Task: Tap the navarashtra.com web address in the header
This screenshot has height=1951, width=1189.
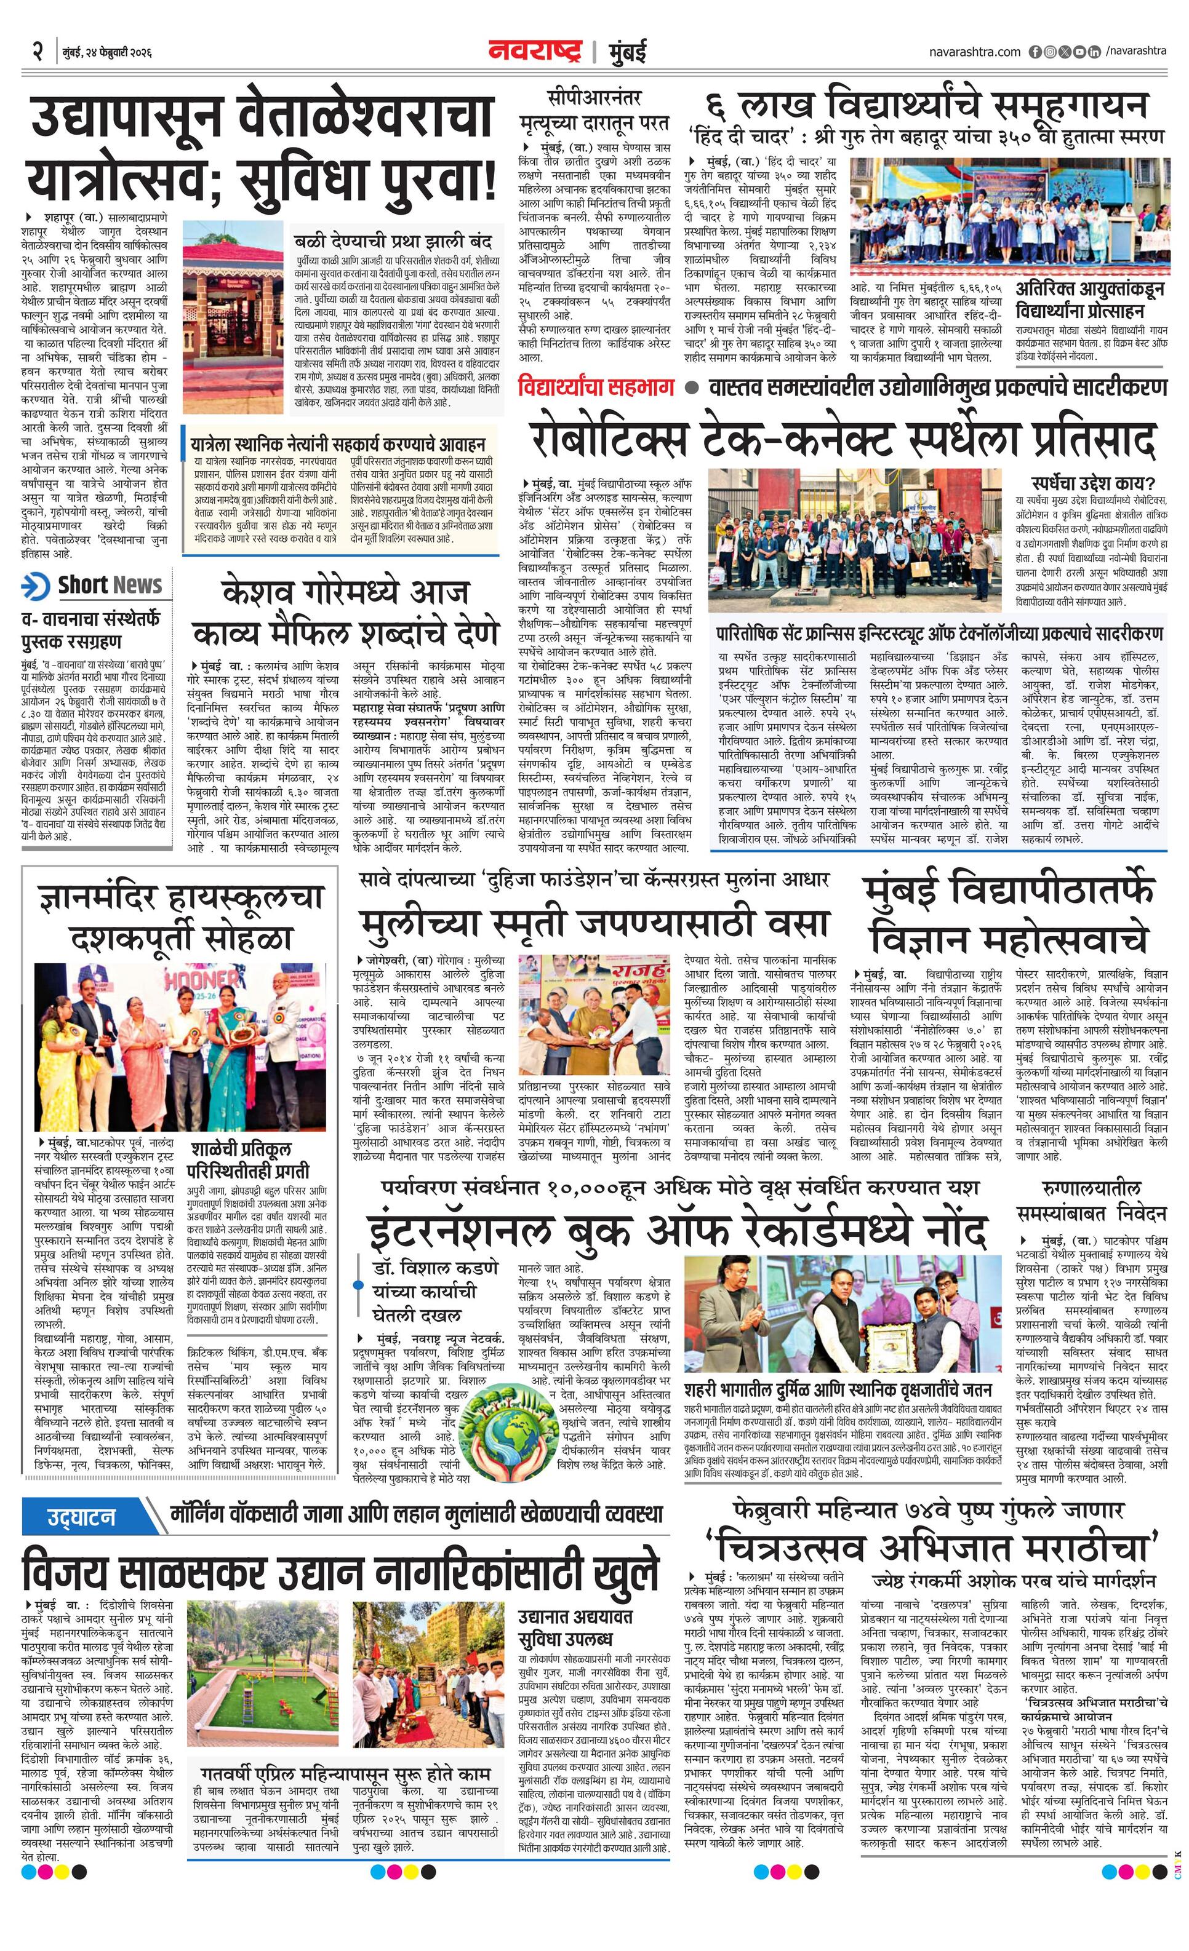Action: (974, 52)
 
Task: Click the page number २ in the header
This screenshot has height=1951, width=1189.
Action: (37, 52)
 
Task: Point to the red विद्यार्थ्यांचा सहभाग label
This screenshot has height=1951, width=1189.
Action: (596, 387)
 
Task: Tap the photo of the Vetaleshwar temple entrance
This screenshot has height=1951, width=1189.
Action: (233, 316)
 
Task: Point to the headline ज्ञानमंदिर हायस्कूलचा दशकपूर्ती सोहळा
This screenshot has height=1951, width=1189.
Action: (180, 918)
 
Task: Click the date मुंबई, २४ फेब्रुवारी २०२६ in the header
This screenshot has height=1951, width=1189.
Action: (107, 52)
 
